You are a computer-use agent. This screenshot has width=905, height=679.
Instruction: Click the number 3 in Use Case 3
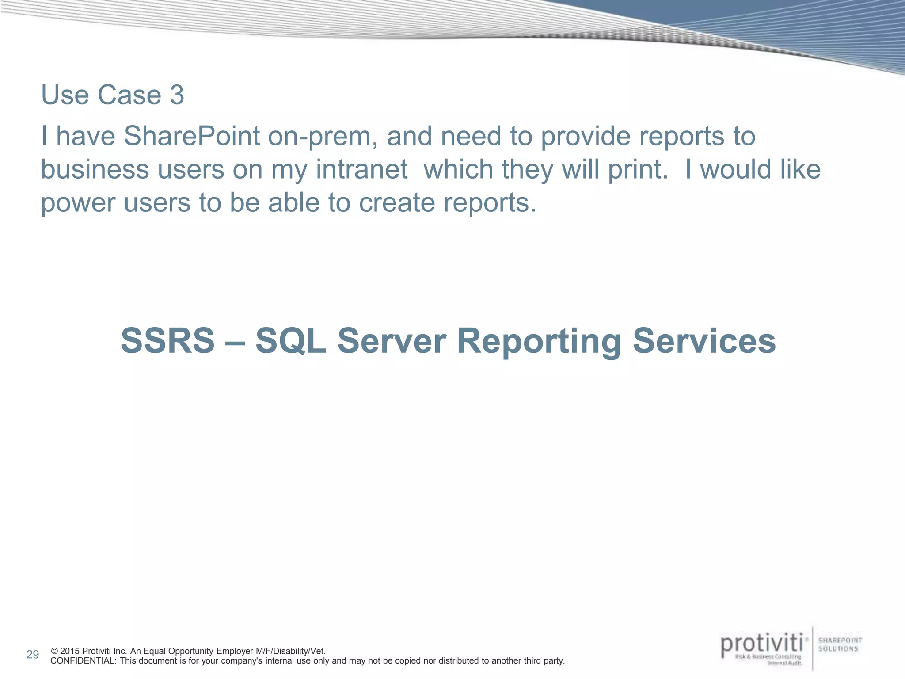[x=176, y=95]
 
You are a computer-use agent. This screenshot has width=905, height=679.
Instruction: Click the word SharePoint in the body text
[x=191, y=136]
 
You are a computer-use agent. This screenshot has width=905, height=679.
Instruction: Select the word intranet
[x=361, y=170]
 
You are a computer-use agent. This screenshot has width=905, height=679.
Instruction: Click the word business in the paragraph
[x=95, y=170]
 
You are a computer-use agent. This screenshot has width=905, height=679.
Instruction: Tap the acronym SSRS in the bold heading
[x=167, y=341]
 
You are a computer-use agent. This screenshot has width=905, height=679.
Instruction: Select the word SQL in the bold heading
[x=291, y=341]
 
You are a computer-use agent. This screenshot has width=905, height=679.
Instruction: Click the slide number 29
[x=33, y=655]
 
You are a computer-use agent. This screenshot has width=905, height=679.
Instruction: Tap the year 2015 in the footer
[x=70, y=651]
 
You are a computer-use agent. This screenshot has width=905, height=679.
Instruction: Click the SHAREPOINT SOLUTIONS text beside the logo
[x=840, y=645]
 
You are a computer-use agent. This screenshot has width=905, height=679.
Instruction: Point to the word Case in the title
[x=129, y=95]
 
